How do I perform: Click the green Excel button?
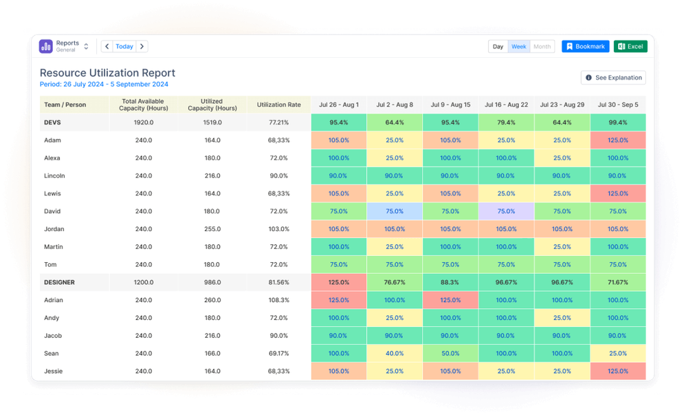coord(630,46)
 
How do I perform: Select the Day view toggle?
coord(498,46)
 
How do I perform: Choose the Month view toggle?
coord(542,46)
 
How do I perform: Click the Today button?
coord(124,46)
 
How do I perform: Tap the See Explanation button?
coord(613,78)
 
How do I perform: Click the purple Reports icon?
coord(46,46)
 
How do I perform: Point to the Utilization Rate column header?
coord(278,105)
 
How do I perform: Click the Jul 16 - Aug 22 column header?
coord(506,105)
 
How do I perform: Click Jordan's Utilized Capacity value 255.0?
coord(212,229)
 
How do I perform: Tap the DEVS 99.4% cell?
coord(617,122)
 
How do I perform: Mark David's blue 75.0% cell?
coord(394,211)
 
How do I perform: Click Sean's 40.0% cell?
coord(394,354)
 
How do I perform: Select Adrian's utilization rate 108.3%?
coord(278,300)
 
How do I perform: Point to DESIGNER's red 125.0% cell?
coord(338,282)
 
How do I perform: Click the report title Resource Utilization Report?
coord(107,73)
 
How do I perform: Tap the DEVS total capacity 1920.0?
coord(144,122)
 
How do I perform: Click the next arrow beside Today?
coord(142,46)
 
